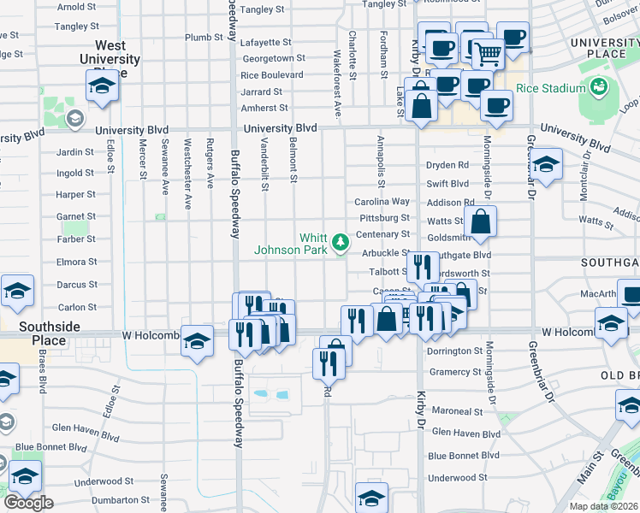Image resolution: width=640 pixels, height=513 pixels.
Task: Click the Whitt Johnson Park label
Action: coord(291,244)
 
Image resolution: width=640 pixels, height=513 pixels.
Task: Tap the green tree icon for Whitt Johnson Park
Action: coord(341,243)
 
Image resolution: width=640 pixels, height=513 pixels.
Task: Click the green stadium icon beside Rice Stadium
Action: coord(598,86)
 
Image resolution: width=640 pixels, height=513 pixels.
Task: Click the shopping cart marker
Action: coord(489,54)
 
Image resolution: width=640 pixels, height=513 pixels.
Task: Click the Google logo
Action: coord(28,503)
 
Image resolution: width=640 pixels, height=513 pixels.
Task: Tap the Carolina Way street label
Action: coord(382,202)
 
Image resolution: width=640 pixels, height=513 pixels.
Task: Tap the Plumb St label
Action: coord(204,38)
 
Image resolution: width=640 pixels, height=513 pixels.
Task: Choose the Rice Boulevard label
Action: coord(272,74)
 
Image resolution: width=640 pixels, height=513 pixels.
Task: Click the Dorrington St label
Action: coord(455,351)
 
